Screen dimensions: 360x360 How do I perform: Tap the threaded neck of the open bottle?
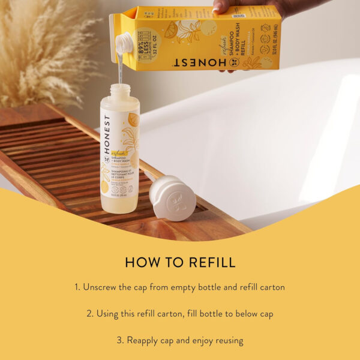pyautogui.click(x=119, y=90)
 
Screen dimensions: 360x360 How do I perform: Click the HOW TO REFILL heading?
pyautogui.click(x=180, y=262)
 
